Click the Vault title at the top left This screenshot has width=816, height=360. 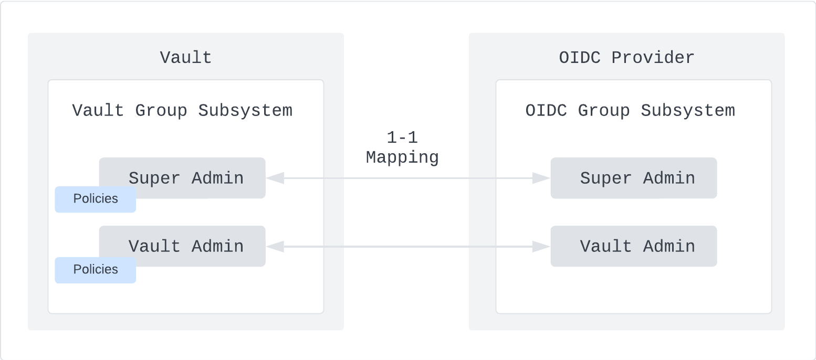coord(186,57)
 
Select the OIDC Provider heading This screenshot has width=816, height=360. coord(626,57)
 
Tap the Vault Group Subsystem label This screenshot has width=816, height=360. coord(182,111)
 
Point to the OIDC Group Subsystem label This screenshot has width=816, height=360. coord(630,111)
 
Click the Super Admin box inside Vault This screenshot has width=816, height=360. coord(186,177)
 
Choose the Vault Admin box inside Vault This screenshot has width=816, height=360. coord(186,246)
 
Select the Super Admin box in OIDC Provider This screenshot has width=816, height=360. coord(634,178)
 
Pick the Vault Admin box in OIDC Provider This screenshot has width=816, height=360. coord(634,246)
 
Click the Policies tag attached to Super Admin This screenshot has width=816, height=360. coord(96,199)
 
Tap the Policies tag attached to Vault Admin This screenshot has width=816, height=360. coord(96,270)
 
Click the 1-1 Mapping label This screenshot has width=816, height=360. coord(402,147)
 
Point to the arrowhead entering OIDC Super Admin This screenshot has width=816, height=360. coord(541,178)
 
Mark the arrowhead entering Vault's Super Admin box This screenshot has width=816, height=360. coord(275,178)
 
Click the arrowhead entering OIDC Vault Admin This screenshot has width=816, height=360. coord(541,247)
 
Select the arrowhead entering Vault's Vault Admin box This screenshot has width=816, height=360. coord(275,247)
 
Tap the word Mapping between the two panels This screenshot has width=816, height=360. coord(402,157)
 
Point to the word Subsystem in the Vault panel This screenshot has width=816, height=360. coord(245,111)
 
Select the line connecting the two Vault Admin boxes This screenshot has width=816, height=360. coord(408,247)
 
